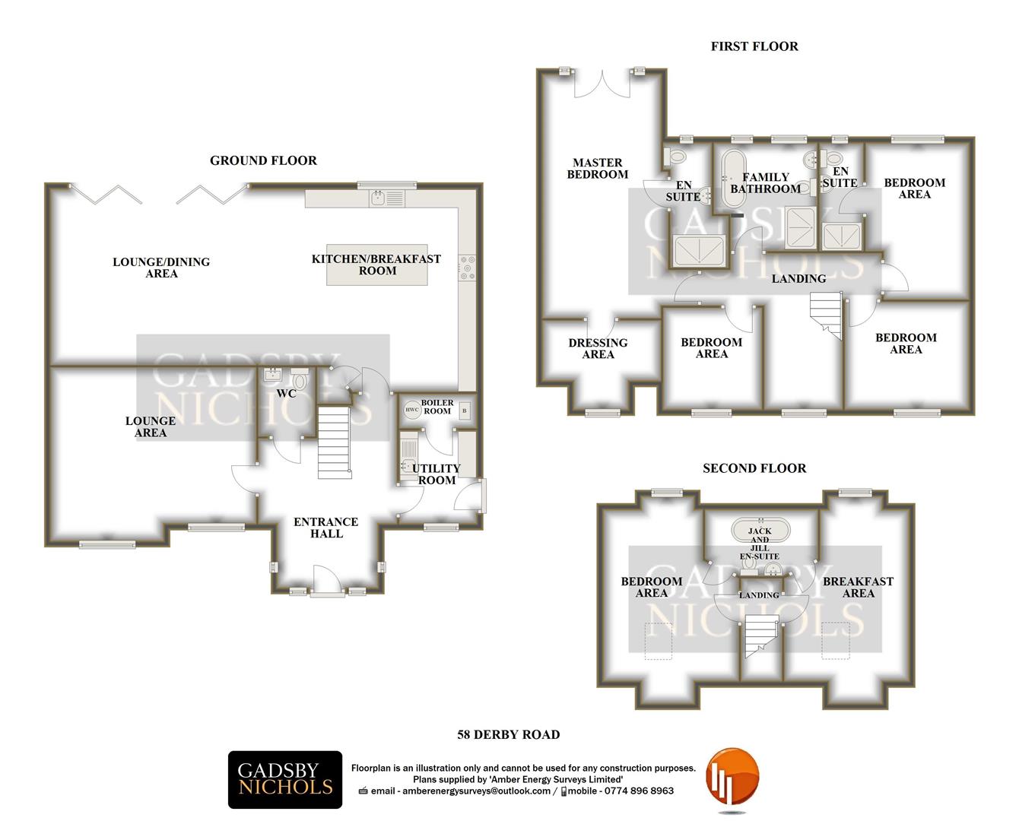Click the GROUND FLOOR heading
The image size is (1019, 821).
click(263, 160)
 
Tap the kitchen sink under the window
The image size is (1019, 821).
click(387, 198)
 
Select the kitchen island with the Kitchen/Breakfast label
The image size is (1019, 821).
click(377, 265)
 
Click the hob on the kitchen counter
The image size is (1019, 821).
click(467, 268)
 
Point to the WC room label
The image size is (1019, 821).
click(286, 394)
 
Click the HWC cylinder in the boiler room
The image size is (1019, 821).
click(412, 410)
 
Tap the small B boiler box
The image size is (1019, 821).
click(465, 410)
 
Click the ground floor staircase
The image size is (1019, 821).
click(335, 442)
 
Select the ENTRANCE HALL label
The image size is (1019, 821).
click(325, 528)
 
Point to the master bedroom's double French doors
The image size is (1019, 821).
click(602, 84)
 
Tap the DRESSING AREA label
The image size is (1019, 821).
click(598, 348)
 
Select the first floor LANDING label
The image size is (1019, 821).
click(798, 279)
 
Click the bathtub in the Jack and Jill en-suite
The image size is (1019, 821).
click(760, 531)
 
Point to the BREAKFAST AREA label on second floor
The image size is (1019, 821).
click(858, 587)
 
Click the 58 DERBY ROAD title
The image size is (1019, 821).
click(509, 735)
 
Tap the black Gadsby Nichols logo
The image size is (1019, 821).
click(285, 780)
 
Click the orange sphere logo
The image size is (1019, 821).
click(732, 776)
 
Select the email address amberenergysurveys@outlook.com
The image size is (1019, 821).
click(476, 791)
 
